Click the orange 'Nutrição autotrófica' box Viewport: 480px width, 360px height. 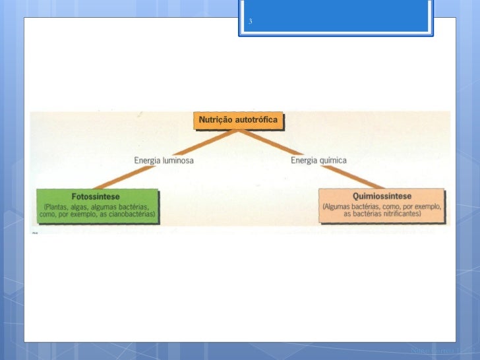(x=239, y=121)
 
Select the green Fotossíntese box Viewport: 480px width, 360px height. (x=96, y=205)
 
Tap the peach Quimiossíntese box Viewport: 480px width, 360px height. (x=382, y=205)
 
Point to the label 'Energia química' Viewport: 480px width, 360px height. (x=318, y=160)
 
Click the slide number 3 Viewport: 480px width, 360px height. (x=251, y=22)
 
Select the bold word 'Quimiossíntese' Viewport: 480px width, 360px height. (x=382, y=196)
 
